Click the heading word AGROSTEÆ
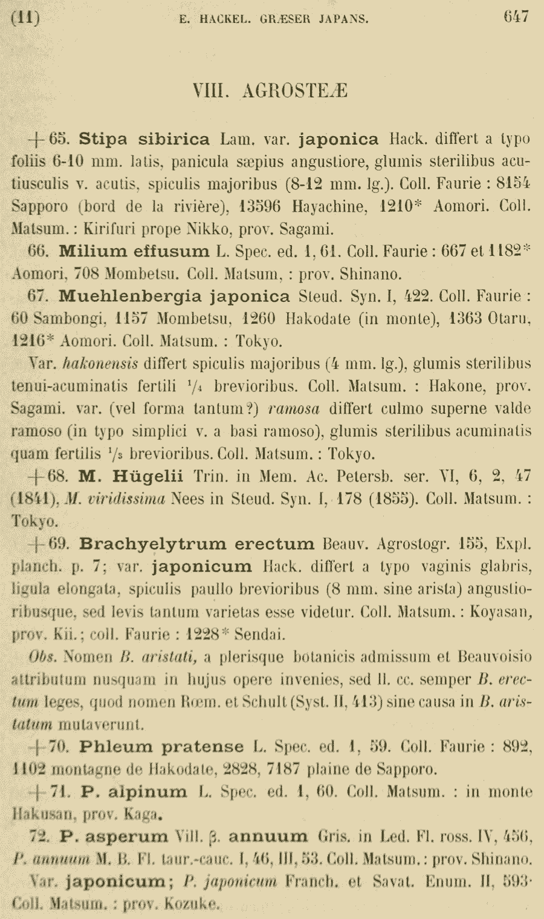click(294, 91)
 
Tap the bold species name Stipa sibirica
click(144, 139)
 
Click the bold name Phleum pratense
click(161, 747)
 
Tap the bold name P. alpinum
click(133, 791)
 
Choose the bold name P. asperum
click(114, 837)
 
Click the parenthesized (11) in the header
click(25, 18)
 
